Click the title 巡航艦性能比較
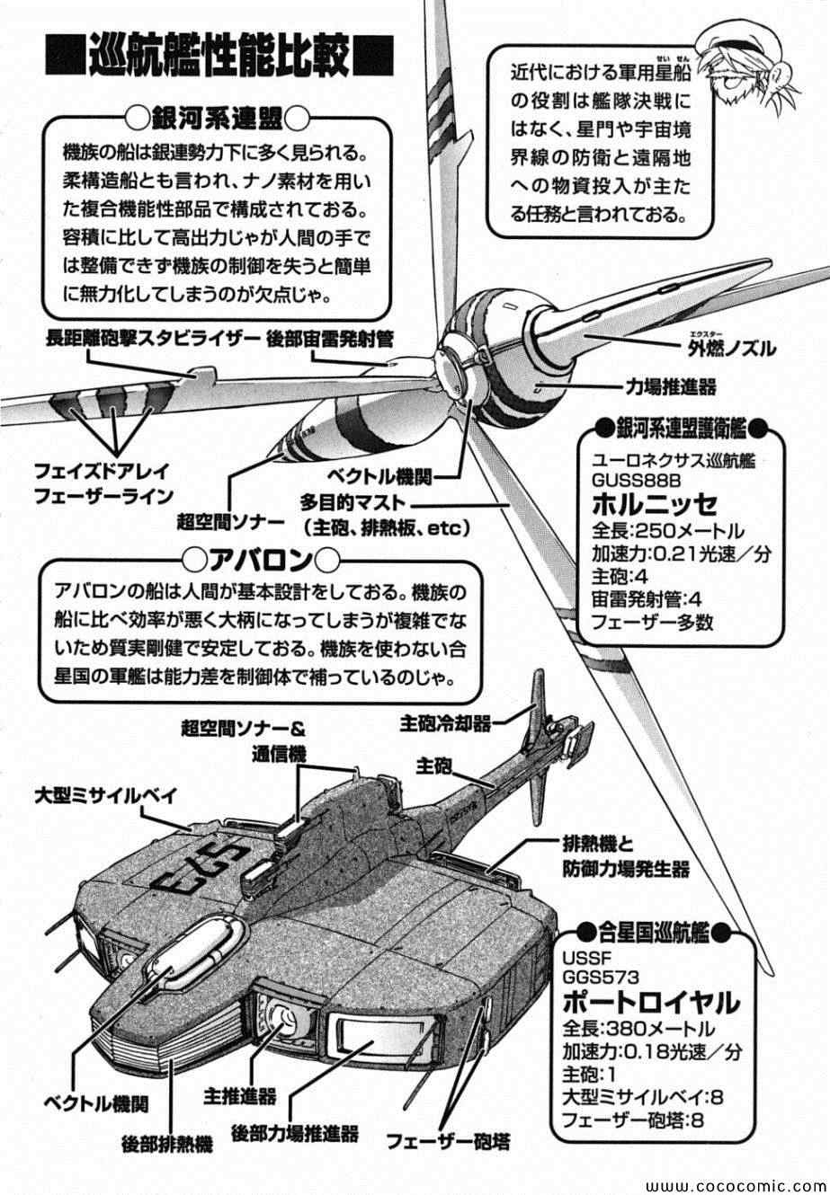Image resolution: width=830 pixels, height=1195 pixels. pyautogui.click(x=219, y=60)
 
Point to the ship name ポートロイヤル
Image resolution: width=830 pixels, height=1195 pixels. pyautogui.click(x=650, y=1000)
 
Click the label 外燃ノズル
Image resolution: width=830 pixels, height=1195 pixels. pyautogui.click(x=728, y=349)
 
